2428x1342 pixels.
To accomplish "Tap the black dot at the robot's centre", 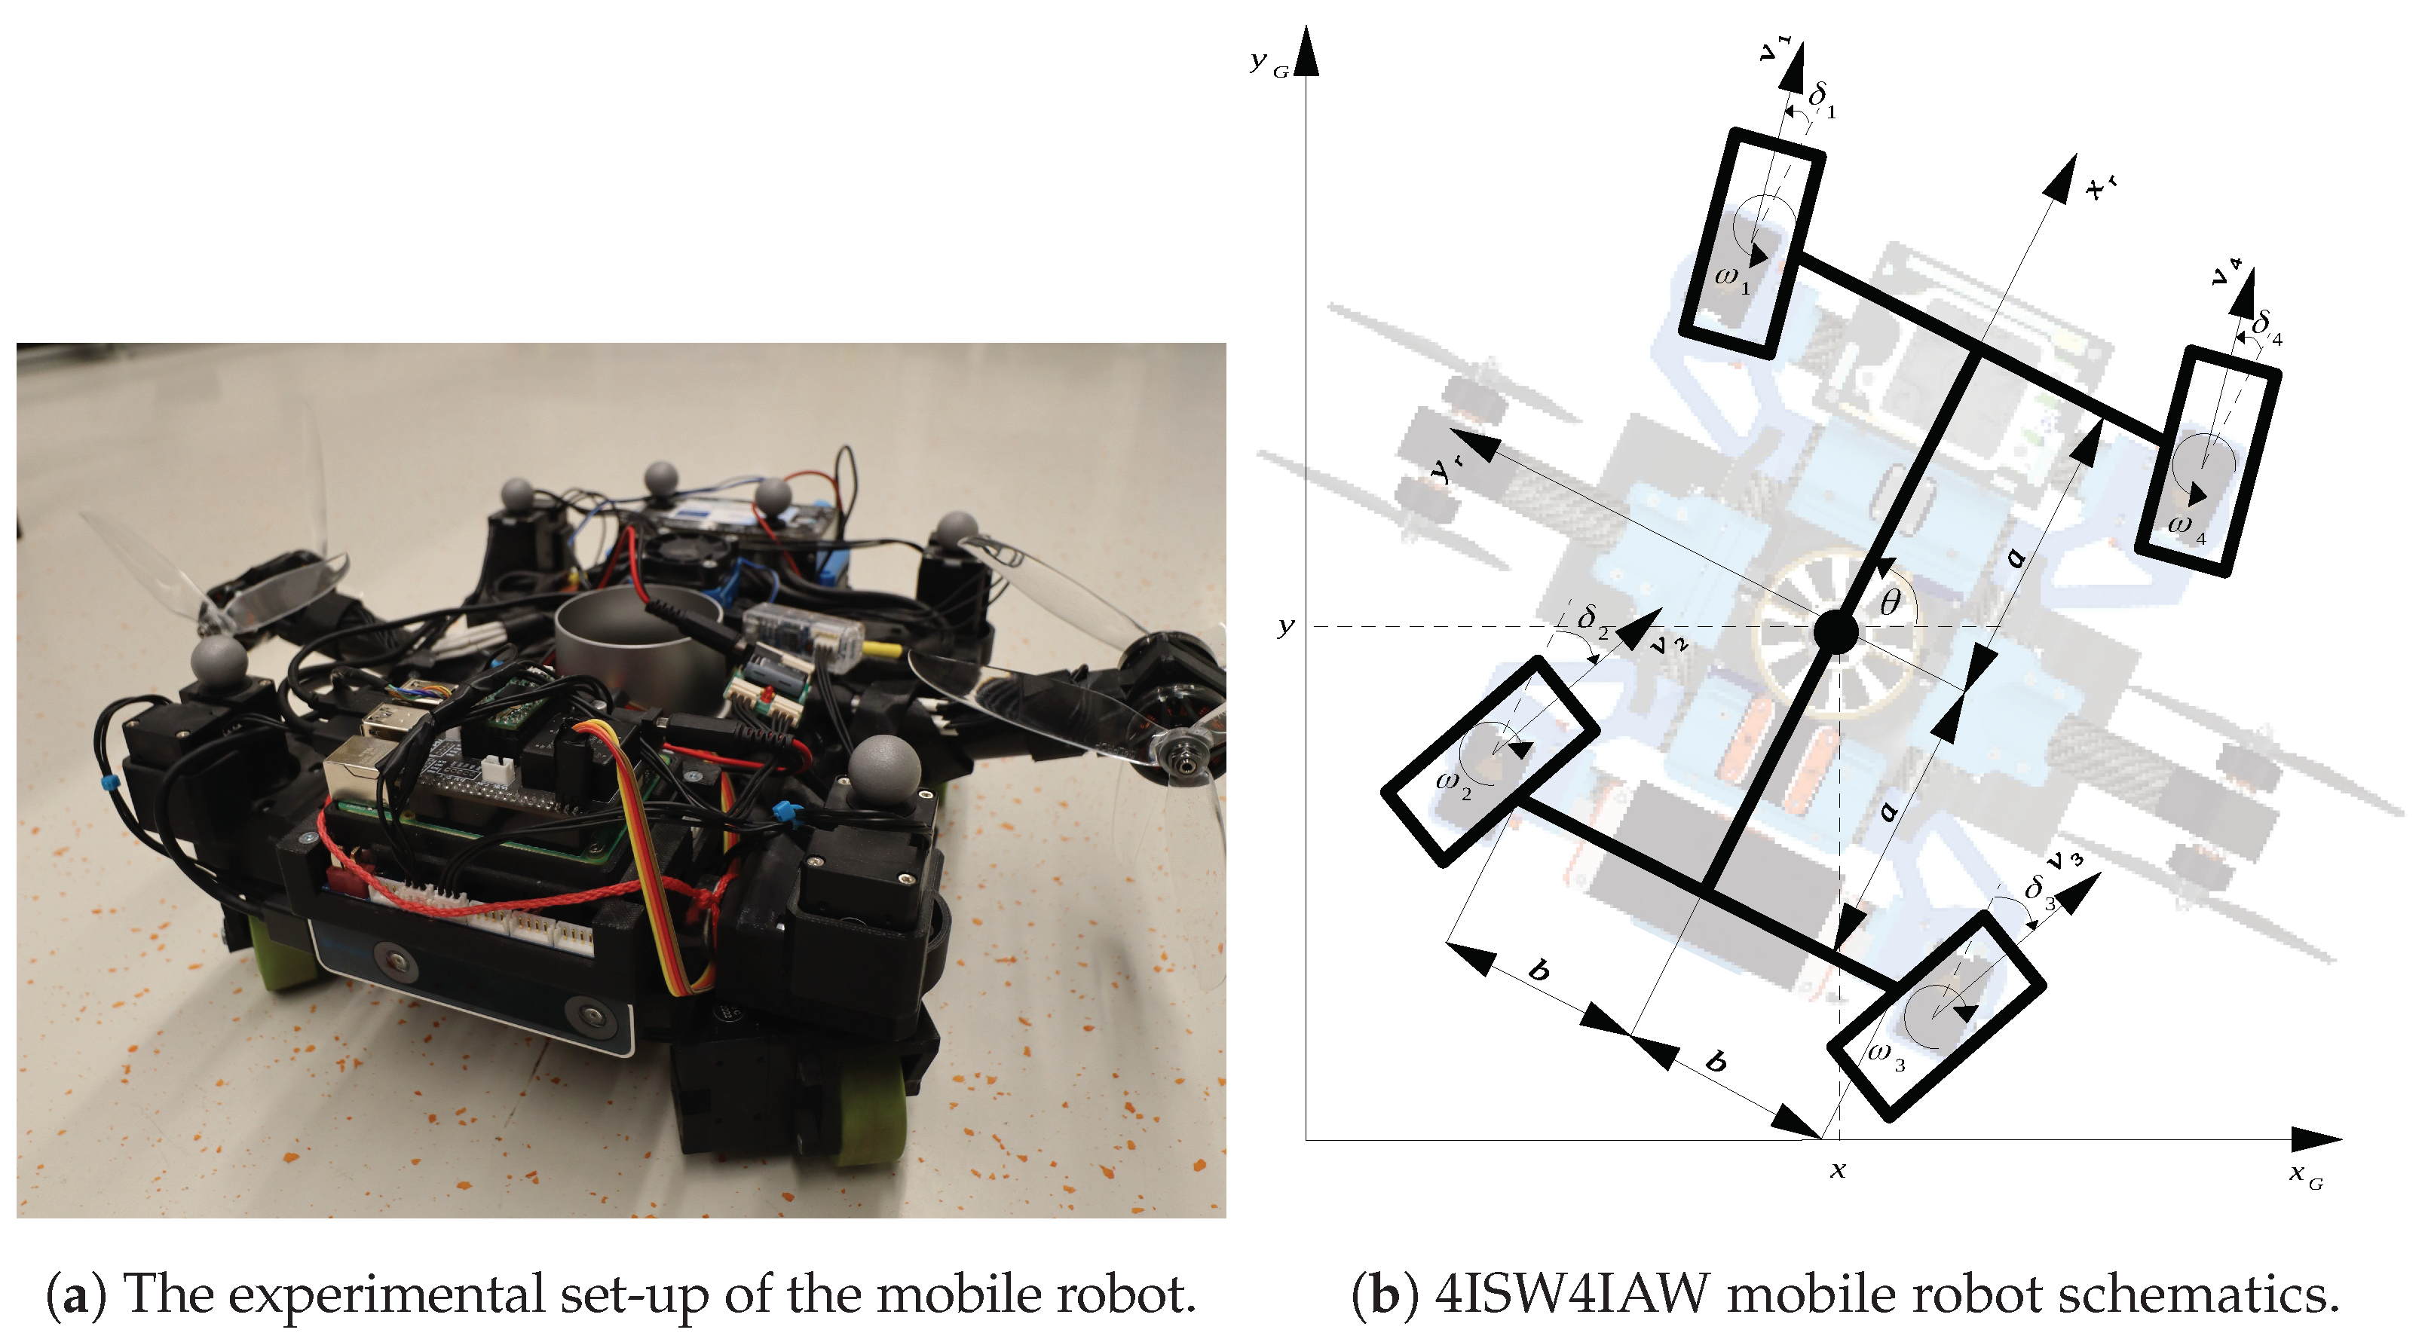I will [x=1836, y=631].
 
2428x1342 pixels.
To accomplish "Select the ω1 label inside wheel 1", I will [x=1732, y=280].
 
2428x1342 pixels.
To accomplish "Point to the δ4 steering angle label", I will [x=2266, y=328].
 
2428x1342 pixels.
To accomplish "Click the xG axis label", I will [x=2305, y=1175].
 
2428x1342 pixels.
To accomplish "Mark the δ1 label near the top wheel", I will [x=1822, y=99].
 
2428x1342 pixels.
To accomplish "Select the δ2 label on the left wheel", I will [x=1592, y=621].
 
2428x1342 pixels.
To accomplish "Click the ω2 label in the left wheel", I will [x=1453, y=784].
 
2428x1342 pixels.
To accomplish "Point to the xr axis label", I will [x=2101, y=187].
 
